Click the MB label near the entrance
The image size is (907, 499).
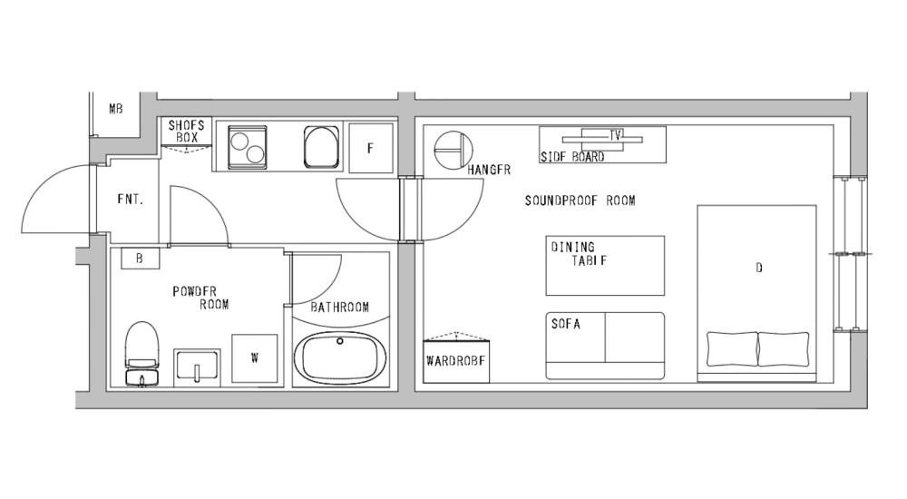point(115,110)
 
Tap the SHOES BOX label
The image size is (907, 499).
point(186,131)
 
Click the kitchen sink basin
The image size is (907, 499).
point(321,147)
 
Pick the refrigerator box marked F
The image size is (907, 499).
point(371,147)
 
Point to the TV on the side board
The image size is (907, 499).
point(616,136)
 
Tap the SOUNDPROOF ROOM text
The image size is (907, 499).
point(580,201)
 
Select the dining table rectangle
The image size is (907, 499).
point(604,265)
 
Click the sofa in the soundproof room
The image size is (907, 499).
point(605,346)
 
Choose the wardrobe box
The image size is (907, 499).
point(456,360)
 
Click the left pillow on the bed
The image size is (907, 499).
point(732,349)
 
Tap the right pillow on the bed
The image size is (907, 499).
point(783,349)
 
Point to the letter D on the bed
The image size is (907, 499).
point(758,269)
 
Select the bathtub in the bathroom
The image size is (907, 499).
point(343,357)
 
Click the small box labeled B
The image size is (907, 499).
point(140,259)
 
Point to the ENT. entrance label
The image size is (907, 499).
point(129,200)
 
